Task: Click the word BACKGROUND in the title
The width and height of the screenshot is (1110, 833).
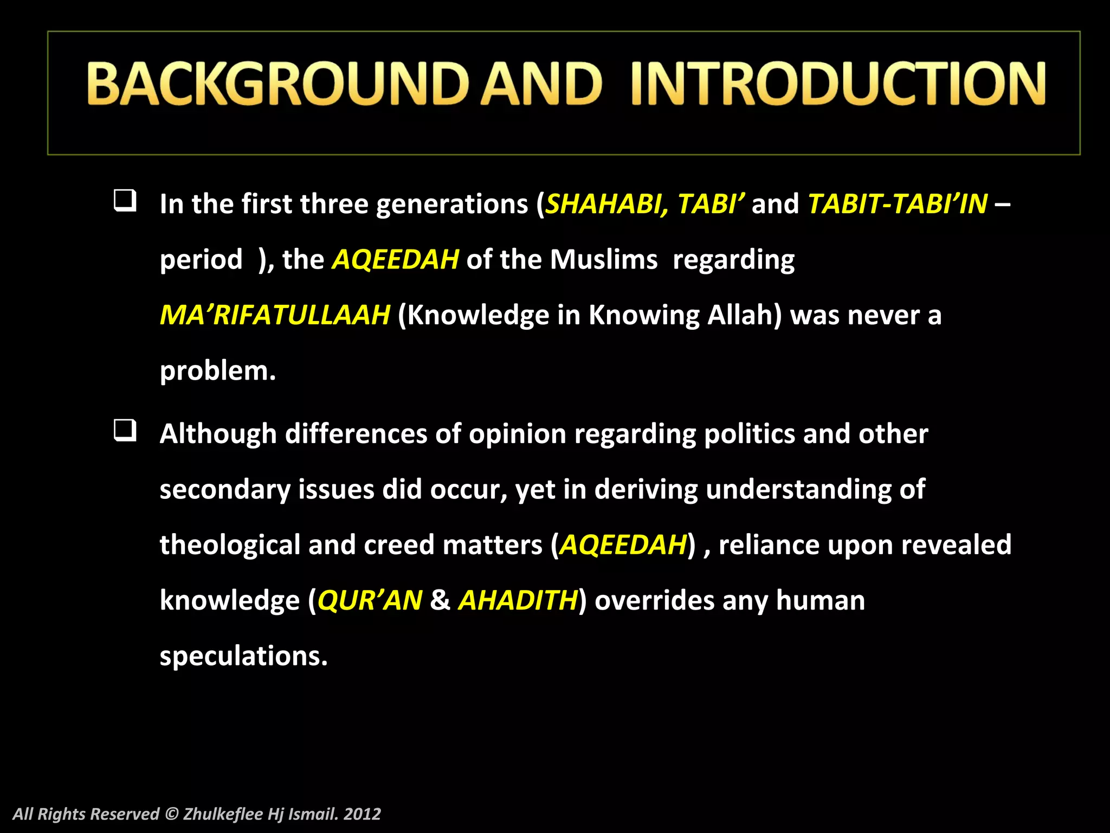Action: tap(277, 84)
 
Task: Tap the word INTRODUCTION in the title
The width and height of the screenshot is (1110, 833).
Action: tap(838, 84)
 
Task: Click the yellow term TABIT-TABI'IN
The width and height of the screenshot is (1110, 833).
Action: tap(898, 204)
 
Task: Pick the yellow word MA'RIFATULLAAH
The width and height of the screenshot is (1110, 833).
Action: tap(275, 315)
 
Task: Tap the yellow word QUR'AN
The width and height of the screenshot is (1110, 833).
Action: tap(370, 600)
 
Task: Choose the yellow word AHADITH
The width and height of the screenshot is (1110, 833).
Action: tap(518, 600)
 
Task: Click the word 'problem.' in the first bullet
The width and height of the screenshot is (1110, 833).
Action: tap(218, 371)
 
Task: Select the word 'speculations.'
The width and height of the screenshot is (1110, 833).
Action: tap(243, 656)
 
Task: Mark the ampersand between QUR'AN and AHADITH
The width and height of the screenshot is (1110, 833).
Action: tap(440, 600)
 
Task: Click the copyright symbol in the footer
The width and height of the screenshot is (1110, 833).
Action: tap(171, 814)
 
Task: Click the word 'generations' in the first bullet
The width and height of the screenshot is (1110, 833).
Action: tap(452, 205)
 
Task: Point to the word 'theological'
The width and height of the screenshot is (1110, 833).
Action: tap(230, 545)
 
